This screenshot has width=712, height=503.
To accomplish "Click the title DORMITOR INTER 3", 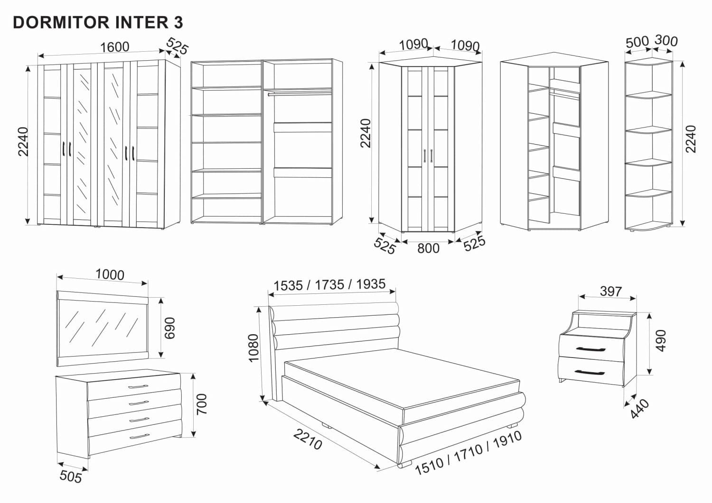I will [98, 22].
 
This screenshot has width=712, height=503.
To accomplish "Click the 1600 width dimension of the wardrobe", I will [114, 47].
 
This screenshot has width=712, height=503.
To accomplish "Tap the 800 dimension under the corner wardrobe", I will [428, 248].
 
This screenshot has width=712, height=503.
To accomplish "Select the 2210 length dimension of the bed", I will [308, 439].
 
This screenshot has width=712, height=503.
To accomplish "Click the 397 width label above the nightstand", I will [610, 291].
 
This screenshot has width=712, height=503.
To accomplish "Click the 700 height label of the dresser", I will [201, 404].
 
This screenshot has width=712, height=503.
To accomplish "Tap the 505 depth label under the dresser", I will [71, 476].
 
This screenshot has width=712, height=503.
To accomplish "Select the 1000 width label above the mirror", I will [110, 274].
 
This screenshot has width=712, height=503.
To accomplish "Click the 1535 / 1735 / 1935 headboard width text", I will [329, 285].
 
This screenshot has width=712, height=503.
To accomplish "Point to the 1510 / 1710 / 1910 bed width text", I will [468, 452].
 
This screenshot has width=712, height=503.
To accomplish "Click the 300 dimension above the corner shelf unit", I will [665, 41].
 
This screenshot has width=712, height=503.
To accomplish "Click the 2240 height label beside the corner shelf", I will [691, 138].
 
